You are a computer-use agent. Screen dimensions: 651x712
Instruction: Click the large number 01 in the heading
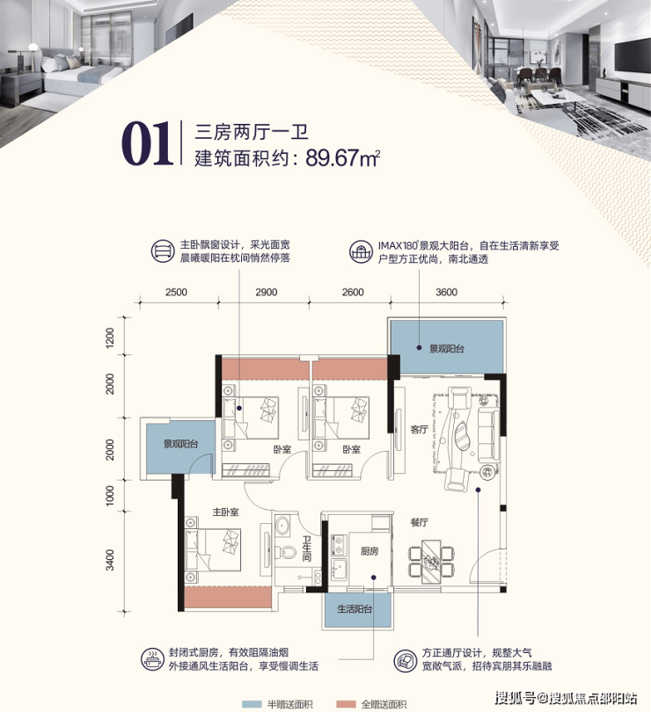point(147,143)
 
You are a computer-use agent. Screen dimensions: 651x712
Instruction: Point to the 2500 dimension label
point(177,292)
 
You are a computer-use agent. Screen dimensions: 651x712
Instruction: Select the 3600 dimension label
point(446,292)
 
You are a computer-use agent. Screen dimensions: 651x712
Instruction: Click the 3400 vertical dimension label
point(110,560)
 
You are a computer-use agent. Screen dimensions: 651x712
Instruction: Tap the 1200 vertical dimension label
point(110,338)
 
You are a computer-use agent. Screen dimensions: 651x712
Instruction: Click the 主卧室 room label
point(226,512)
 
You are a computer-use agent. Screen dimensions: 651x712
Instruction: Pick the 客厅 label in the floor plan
point(419,429)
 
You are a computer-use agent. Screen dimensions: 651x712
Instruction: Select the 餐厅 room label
point(419,522)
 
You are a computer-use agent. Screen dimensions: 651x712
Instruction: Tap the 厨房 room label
point(369,551)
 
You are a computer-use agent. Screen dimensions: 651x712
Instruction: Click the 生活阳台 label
point(355,609)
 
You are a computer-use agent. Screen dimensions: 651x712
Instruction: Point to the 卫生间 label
point(307,549)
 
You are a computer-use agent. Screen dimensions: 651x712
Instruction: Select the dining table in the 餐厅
point(431,562)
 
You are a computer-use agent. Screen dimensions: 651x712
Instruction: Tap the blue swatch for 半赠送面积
point(252,704)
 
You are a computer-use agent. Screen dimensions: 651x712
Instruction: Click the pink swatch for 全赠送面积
point(346,704)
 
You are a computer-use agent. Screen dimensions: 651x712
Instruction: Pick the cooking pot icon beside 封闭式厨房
point(152,660)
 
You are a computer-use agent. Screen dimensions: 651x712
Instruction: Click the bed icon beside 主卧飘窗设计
point(162,251)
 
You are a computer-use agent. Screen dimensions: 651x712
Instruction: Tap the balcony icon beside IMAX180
point(361,251)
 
